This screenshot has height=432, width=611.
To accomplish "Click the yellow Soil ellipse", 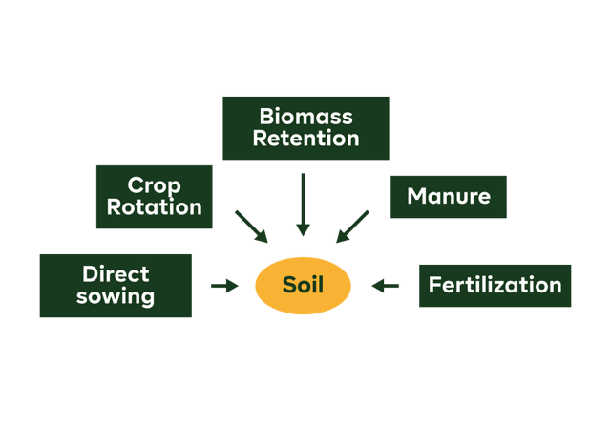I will coord(303,285).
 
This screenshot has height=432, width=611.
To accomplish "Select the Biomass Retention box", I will coord(305,128).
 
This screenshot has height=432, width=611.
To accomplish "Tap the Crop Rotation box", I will coord(155,196).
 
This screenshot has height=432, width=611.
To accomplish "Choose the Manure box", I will coord(449,197).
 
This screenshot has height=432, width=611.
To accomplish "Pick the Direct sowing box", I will coord(116,285).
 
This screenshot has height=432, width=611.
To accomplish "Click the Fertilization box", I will coord(495,285).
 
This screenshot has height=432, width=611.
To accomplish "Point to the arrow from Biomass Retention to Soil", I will coord(303,205).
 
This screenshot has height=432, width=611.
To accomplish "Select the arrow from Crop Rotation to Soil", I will coord(251,226).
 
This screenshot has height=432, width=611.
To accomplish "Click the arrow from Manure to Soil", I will coord(352,226).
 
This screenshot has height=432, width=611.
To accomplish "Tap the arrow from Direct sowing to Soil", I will coord(224,285).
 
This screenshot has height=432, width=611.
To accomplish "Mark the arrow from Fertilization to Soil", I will coord(385,285).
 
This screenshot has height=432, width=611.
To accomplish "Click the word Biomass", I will coord(305,117).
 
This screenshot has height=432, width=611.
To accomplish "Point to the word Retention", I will coord(305,139).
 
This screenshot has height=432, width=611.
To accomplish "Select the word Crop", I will coord(155,184).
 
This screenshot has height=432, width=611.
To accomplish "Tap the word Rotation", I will coord(155,207).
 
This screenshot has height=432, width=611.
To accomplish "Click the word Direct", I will coord(116,273).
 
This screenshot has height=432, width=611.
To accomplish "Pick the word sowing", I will coord(116,296).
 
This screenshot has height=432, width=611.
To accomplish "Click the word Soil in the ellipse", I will coord(303,285).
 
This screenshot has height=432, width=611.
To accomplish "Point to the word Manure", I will coord(449,197).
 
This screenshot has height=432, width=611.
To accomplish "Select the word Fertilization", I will coord(495,285).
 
